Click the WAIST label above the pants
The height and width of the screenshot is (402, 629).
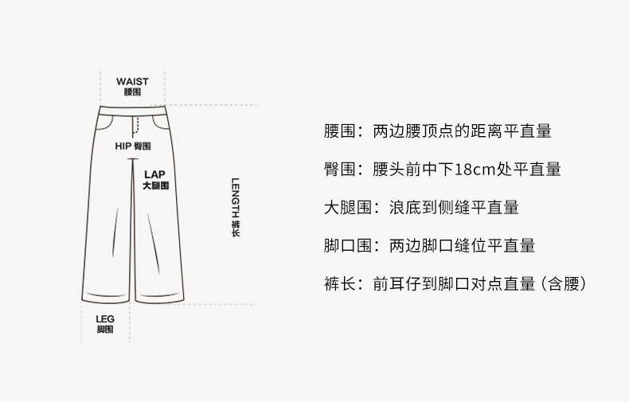click(131, 81)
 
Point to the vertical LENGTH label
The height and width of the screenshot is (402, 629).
click(236, 200)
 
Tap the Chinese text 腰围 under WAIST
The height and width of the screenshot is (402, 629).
click(131, 92)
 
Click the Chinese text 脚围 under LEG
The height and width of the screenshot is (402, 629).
click(104, 329)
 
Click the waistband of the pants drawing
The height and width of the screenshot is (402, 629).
click(134, 110)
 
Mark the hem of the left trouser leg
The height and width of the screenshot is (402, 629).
click(105, 300)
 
